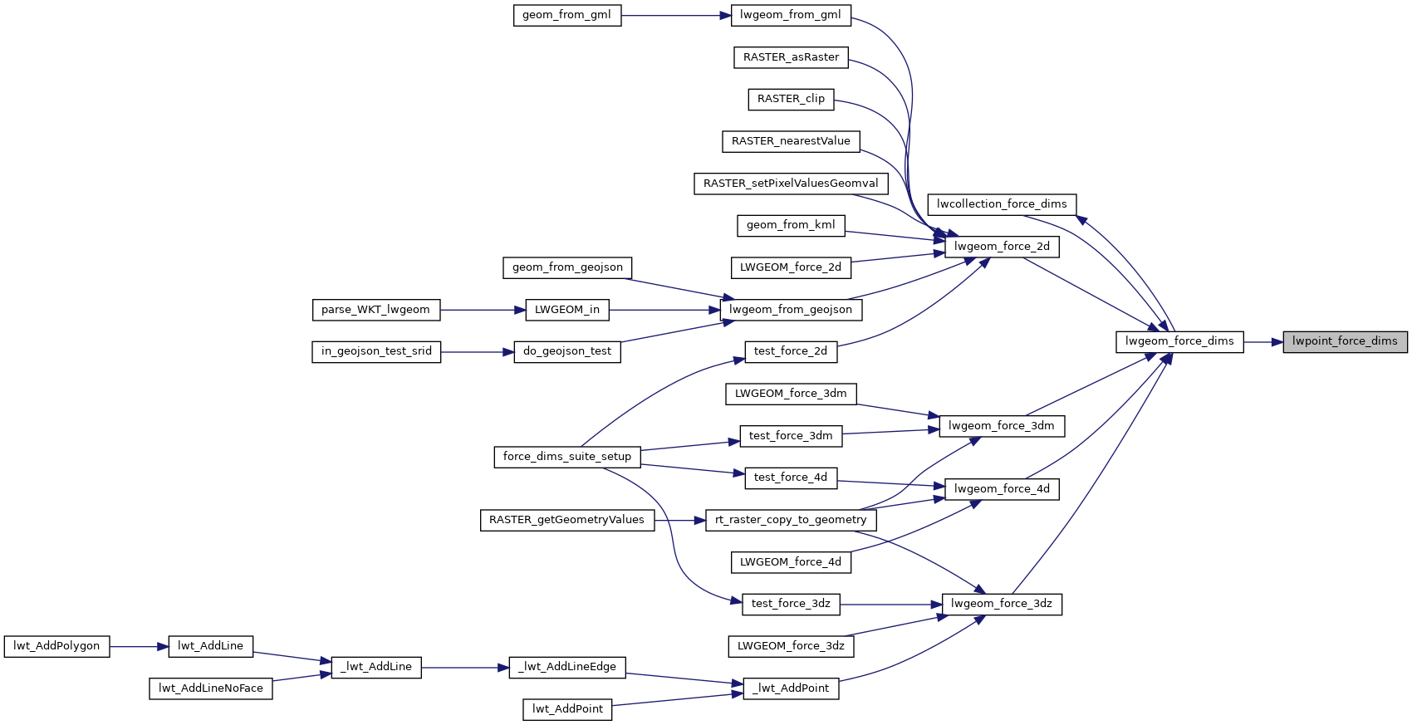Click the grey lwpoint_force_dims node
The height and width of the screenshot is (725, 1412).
pyautogui.click(x=1345, y=341)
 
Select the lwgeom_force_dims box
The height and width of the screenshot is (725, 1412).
pyautogui.click(x=1179, y=341)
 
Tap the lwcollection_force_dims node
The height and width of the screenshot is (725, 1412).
pyautogui.click(x=1002, y=204)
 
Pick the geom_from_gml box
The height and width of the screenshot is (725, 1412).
pyautogui.click(x=567, y=15)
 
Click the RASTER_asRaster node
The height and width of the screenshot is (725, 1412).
pyautogui.click(x=791, y=57)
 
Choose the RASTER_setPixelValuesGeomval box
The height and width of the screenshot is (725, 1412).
pyautogui.click(x=791, y=184)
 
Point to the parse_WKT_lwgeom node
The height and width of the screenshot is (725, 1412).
pyautogui.click(x=375, y=310)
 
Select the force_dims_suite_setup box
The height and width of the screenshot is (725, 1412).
pyautogui.click(x=567, y=457)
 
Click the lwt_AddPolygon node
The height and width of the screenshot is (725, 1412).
pyautogui.click(x=56, y=646)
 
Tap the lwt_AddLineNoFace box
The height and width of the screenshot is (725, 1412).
pyautogui.click(x=211, y=688)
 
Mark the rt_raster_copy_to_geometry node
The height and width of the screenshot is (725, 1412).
pyautogui.click(x=791, y=520)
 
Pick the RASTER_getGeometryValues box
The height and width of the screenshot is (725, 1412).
pyautogui.click(x=566, y=520)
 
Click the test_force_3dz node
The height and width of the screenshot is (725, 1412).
pyautogui.click(x=791, y=604)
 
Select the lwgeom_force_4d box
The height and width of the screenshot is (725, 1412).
pyautogui.click(x=1002, y=489)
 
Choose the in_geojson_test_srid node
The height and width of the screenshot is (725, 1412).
pyautogui.click(x=376, y=351)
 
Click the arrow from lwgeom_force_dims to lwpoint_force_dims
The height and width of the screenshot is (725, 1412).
pyautogui.click(x=1263, y=341)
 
